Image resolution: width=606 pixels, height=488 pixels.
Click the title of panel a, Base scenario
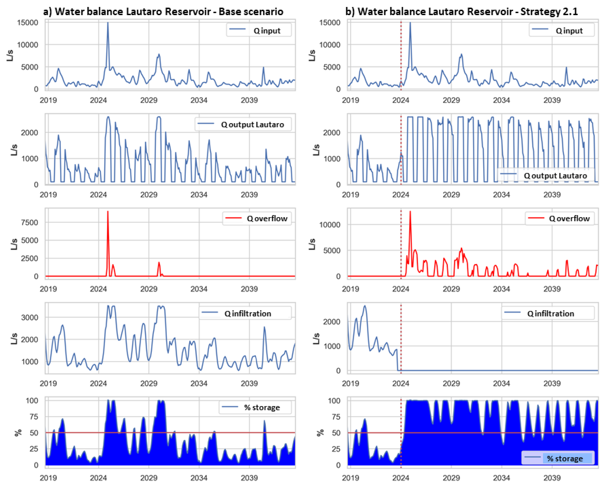pos(163,12)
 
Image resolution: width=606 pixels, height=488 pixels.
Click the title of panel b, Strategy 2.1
pos(461,12)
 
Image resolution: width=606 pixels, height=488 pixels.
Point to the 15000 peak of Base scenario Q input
pos(108,23)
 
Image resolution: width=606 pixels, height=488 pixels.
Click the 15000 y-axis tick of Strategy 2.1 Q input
pos(330,22)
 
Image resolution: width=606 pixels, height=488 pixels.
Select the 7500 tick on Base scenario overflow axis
pos(29,222)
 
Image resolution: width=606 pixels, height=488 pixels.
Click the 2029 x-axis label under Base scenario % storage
pos(149,478)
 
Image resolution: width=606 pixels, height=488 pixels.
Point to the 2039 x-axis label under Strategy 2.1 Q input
pos(552,100)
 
